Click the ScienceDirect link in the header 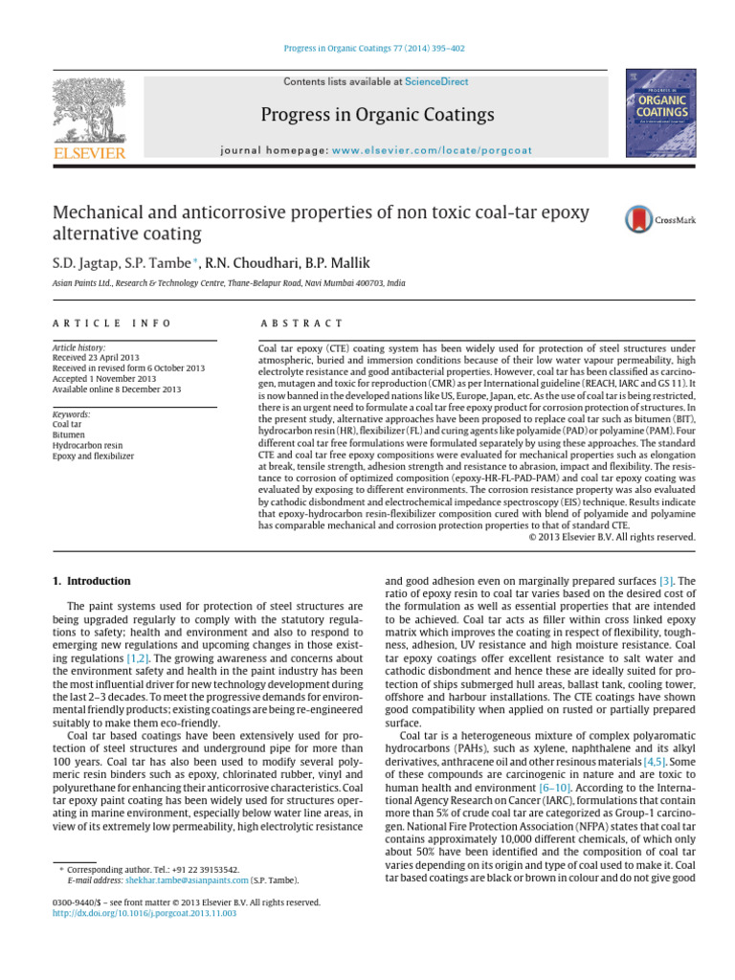tap(436, 82)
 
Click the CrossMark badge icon tap(659, 220)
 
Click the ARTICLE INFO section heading tap(112, 323)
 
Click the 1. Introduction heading tap(90, 581)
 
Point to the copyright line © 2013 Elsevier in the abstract tap(612, 537)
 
